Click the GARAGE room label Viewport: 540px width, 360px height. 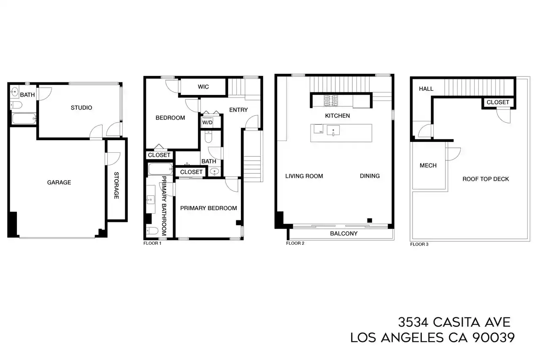(x=59, y=182)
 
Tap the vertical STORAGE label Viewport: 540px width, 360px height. (x=116, y=185)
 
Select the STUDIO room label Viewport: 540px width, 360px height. (x=81, y=108)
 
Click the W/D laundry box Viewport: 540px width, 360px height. (x=207, y=122)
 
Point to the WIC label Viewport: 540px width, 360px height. (x=203, y=87)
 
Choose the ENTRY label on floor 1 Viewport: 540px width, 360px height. (x=238, y=110)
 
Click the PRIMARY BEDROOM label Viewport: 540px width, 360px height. (x=208, y=208)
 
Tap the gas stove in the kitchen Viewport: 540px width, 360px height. (x=331, y=101)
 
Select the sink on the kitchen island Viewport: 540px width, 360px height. (x=333, y=130)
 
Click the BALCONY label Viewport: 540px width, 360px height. (x=344, y=233)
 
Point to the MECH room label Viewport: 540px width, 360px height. (x=428, y=165)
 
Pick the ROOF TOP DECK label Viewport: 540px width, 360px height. (x=486, y=179)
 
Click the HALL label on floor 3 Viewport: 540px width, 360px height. (x=426, y=89)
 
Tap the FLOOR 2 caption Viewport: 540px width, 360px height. (x=295, y=243)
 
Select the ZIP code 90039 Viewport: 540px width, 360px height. (x=493, y=338)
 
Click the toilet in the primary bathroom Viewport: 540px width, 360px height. (x=152, y=231)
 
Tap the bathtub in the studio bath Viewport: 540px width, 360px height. (x=24, y=119)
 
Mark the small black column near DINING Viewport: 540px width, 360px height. (x=370, y=220)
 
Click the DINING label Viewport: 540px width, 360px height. (x=370, y=176)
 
